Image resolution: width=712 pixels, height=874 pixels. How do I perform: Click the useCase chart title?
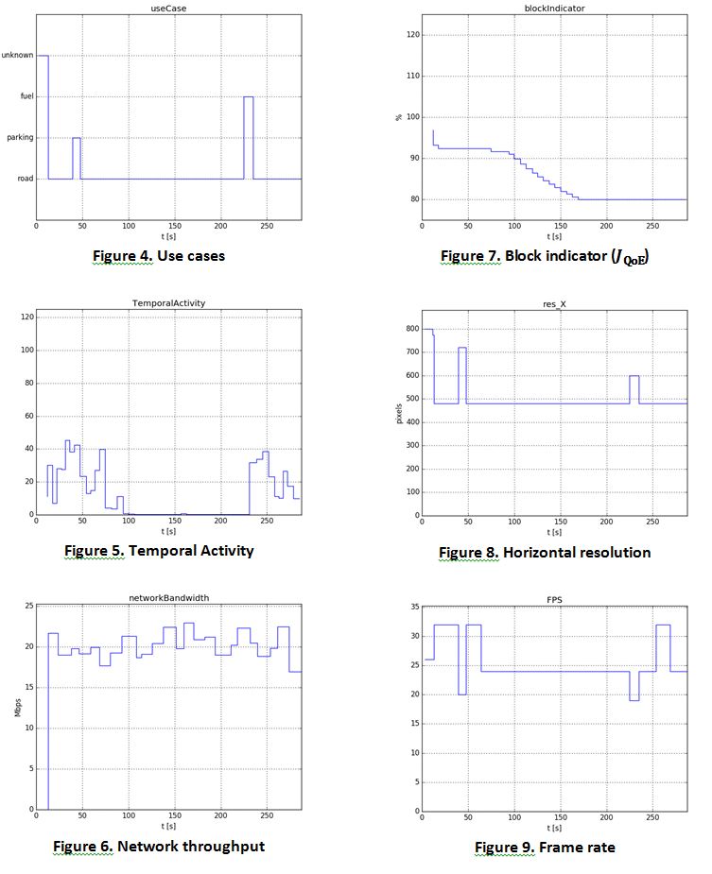pos(168,7)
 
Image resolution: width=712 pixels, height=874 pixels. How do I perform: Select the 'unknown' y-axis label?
pos(17,56)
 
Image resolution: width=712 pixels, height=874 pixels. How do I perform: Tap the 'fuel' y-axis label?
pos(26,96)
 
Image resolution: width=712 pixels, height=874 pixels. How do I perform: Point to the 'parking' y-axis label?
pos(20,138)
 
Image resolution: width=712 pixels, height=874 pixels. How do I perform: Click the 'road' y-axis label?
pos(26,179)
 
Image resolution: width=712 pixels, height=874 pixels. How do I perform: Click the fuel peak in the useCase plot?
pos(249,97)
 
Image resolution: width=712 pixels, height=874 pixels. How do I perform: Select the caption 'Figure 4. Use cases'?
pos(158,255)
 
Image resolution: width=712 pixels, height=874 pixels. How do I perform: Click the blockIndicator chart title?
pos(554,7)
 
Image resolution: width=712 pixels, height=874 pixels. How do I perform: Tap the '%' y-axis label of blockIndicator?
pos(399,117)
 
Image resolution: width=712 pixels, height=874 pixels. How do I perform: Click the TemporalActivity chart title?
pos(168,303)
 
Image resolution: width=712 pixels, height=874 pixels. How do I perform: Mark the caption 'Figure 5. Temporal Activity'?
pos(159,550)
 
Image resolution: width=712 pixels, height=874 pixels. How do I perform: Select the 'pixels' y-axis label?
pos(399,412)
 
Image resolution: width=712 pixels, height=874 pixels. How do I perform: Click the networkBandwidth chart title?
pos(168,598)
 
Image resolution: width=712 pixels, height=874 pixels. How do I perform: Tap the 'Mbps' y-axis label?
pos(17,708)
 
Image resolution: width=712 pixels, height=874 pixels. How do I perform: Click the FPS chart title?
pos(554,598)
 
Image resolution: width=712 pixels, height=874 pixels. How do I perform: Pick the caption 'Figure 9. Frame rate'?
pos(545,848)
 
